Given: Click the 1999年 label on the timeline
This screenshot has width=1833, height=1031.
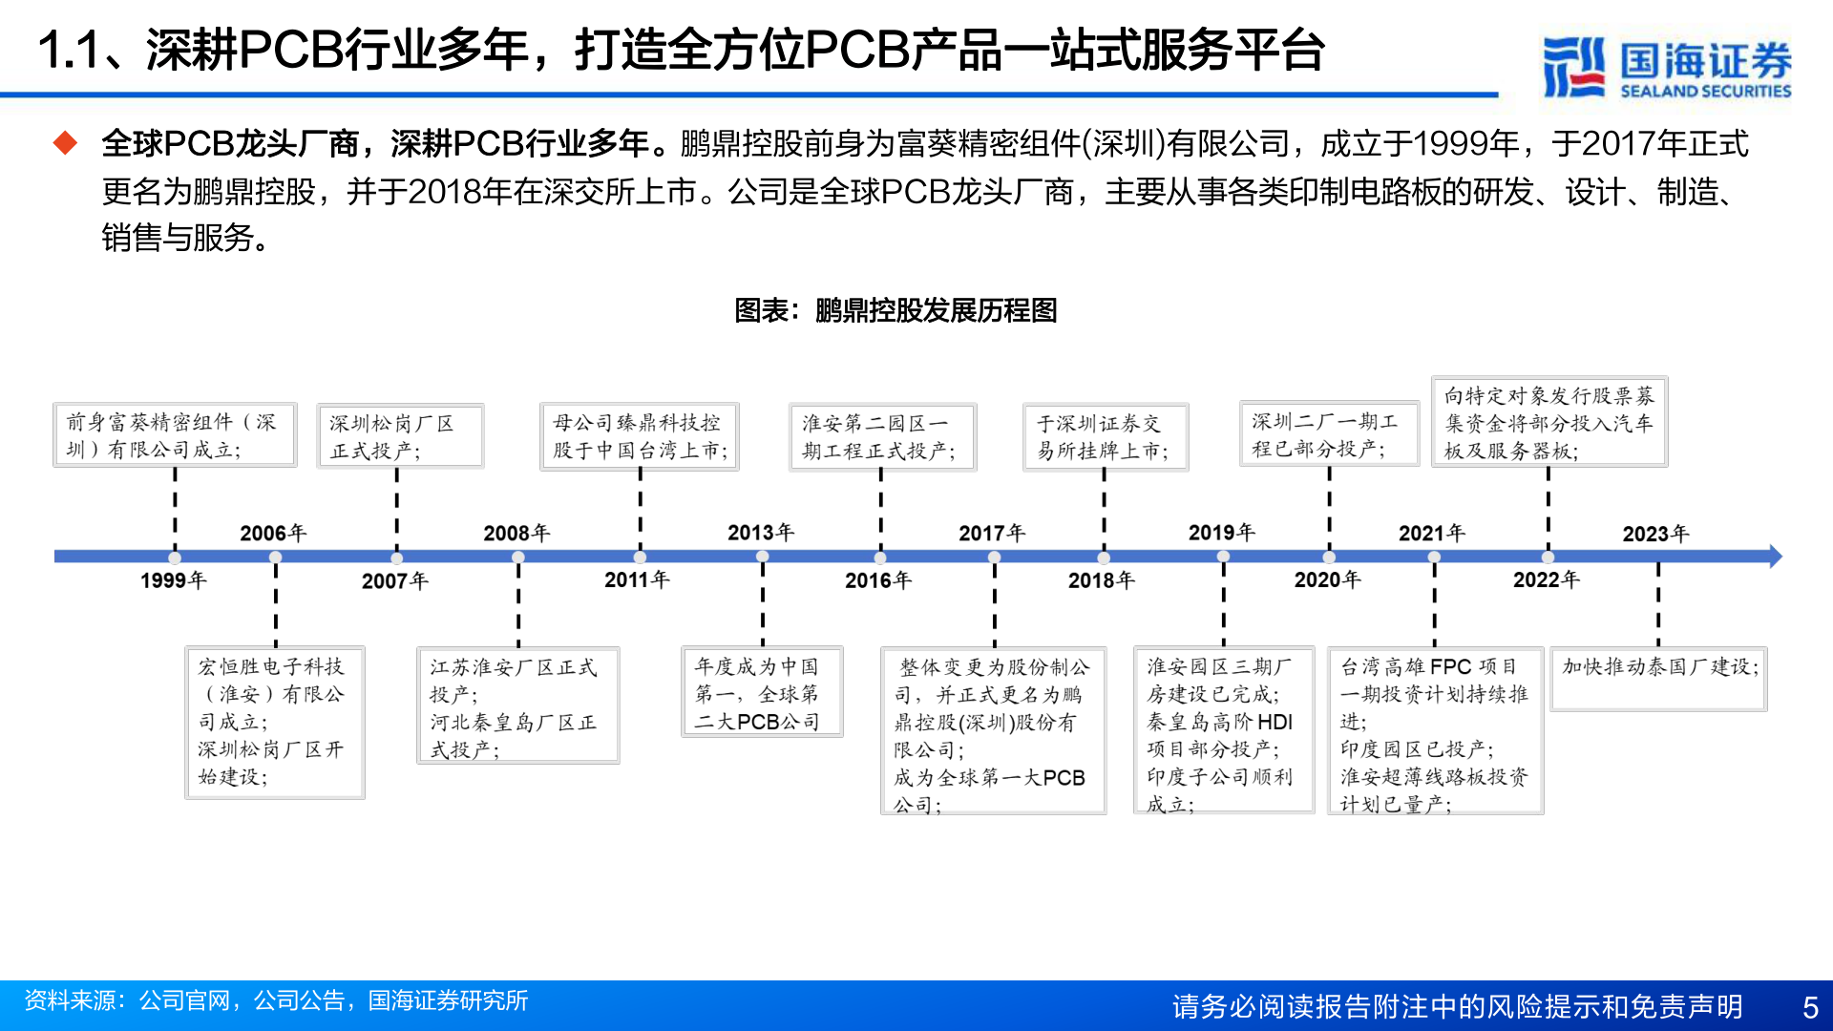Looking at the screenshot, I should coord(173,580).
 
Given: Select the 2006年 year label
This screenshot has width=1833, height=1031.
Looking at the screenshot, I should coord(273,533).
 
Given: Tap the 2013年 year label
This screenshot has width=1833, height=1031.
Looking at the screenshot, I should coord(761,532).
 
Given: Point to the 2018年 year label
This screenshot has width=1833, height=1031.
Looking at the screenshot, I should coord(1101,580).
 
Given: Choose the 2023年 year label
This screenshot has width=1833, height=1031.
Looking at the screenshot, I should coord(1655,534).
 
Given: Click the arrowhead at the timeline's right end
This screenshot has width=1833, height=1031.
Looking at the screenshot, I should coord(1775,557).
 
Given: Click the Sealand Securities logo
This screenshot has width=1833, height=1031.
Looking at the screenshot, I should coord(1667,67).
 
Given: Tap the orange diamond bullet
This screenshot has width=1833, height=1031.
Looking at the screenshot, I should coord(65,144).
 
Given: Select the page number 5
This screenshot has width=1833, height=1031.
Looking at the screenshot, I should coord(1810,1006).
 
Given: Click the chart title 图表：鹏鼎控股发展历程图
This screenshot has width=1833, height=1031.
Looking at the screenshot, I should coord(895,310).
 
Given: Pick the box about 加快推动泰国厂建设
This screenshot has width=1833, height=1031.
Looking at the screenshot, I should coord(1659,679).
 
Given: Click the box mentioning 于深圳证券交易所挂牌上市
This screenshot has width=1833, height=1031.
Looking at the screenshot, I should coord(1105,436).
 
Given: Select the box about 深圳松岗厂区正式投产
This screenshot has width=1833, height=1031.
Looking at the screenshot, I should coord(400,436).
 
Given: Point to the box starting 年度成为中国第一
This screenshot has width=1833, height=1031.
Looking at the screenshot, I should coord(762,692).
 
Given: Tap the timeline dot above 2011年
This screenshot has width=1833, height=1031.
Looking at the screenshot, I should coord(640,557).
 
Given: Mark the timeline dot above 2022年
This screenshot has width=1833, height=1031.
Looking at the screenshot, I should coord(1548,557).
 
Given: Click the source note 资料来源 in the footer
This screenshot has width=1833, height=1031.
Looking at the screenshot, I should coord(276,1000).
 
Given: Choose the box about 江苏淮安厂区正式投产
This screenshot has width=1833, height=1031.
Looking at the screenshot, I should coord(518,705).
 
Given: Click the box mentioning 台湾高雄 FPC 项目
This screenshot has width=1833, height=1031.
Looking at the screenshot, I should coord(1435,731).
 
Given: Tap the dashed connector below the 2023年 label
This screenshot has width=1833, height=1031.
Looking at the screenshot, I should coord(1658,606).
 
